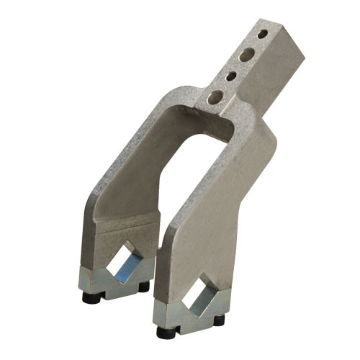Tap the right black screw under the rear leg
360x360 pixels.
coord(143,287)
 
